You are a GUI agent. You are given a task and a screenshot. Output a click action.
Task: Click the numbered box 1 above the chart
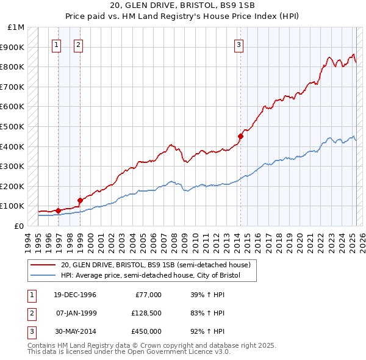pos(56,44)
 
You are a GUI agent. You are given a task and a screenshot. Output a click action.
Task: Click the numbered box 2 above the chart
pos(79,44)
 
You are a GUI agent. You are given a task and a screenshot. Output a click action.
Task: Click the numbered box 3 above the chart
pos(239,44)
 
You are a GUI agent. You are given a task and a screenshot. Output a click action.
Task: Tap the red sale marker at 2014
pos(241,137)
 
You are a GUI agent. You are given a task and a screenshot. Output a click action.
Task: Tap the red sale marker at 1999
pos(80,200)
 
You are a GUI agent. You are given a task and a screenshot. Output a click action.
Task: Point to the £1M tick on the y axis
pos(16,27)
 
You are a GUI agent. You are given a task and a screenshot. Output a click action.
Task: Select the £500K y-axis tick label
pos(13,126)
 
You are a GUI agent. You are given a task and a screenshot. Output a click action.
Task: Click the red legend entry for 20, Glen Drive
pos(156,265)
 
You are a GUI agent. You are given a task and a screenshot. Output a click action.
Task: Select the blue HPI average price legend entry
pos(151,276)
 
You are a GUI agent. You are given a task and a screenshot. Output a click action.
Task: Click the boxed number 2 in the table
pos(31,313)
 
